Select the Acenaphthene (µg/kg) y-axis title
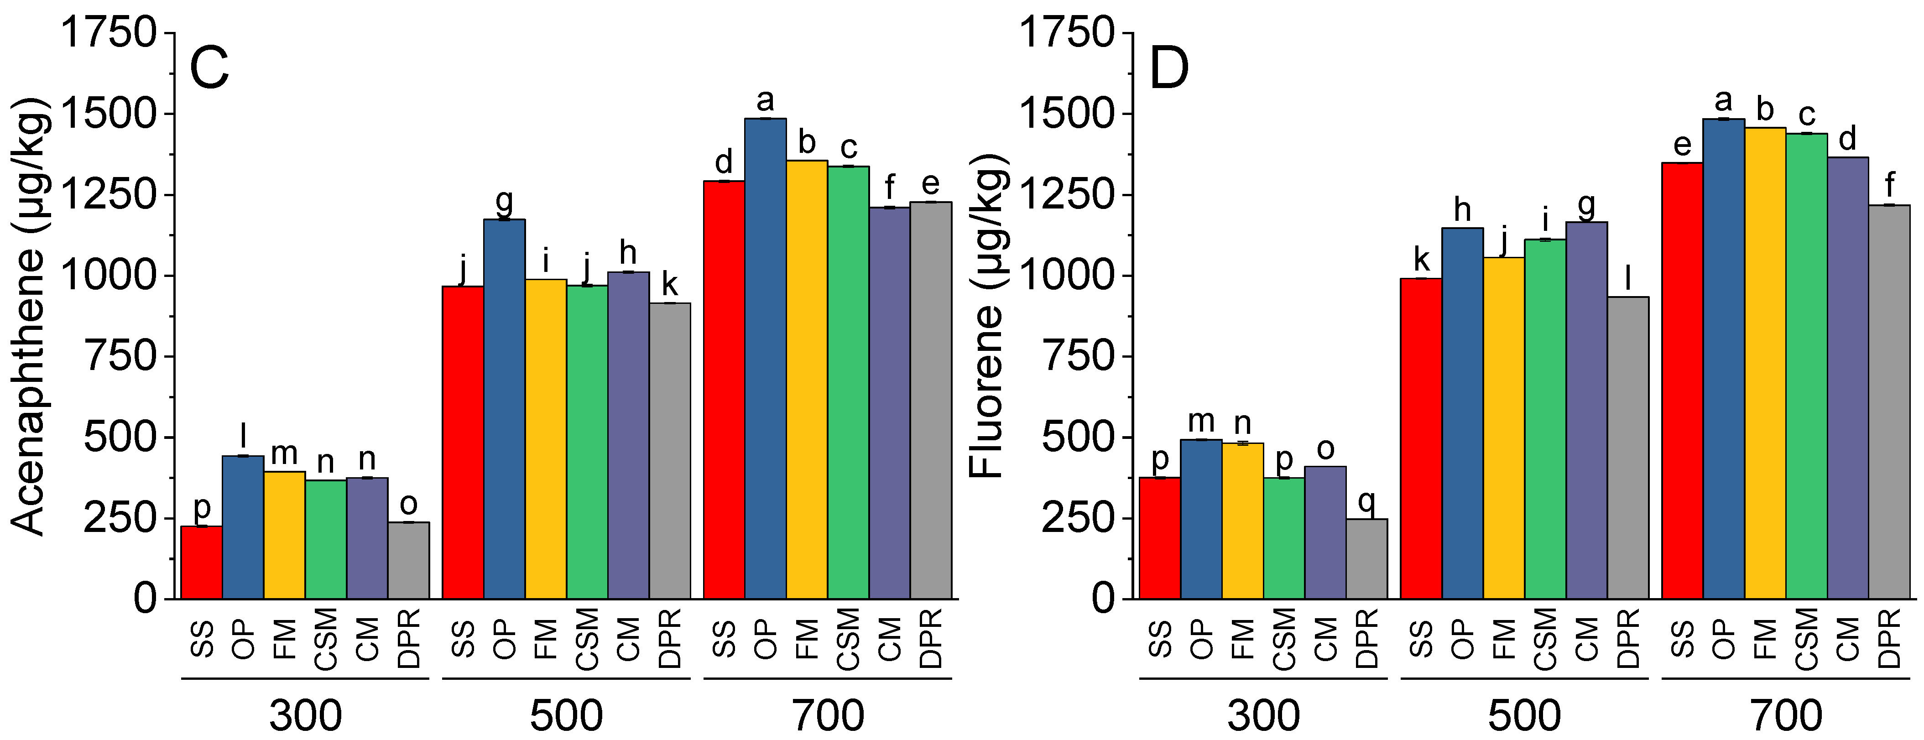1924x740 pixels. tap(30, 318)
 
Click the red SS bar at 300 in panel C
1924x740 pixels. tap(202, 562)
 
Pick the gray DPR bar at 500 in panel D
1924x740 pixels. tap(1628, 448)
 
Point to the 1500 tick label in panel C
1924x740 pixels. tap(108, 114)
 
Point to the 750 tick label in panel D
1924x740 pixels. tap(1075, 356)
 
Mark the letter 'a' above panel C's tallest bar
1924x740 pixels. tap(765, 100)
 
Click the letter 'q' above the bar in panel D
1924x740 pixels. tap(1366, 502)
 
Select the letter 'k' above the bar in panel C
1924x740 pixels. tap(669, 285)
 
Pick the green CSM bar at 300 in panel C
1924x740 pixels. tap(326, 539)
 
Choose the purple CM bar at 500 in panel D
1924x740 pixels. tap(1586, 411)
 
